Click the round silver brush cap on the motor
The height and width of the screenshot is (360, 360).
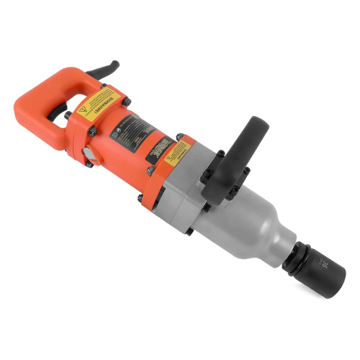[x=86, y=154]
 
